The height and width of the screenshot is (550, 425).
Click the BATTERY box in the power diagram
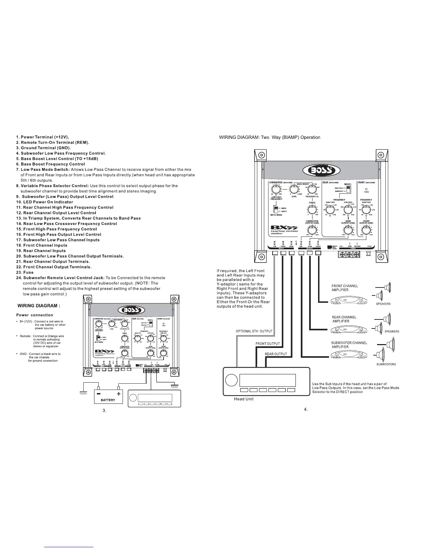(108, 396)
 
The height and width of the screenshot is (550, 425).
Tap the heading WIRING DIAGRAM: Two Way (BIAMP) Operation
(269, 137)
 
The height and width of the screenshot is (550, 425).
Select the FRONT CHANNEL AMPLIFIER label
(344, 288)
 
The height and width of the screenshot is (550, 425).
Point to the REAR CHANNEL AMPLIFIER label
(344, 319)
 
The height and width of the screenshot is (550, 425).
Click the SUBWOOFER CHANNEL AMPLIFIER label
(349, 345)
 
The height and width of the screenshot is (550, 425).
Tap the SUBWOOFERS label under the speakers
(386, 364)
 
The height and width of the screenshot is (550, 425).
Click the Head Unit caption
(244, 399)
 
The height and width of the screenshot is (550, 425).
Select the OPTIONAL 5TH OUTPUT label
(254, 331)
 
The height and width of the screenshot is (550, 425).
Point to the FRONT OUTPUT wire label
(267, 344)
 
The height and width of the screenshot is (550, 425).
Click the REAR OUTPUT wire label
(276, 354)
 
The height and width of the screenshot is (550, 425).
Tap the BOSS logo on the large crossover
(322, 170)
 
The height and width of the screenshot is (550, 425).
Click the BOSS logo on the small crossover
(129, 310)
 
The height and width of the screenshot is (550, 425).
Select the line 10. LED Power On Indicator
(45, 202)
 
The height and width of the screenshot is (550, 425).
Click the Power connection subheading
(35, 315)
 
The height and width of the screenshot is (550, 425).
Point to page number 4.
(306, 409)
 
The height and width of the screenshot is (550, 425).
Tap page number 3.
(104, 410)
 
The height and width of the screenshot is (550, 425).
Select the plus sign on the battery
(119, 394)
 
